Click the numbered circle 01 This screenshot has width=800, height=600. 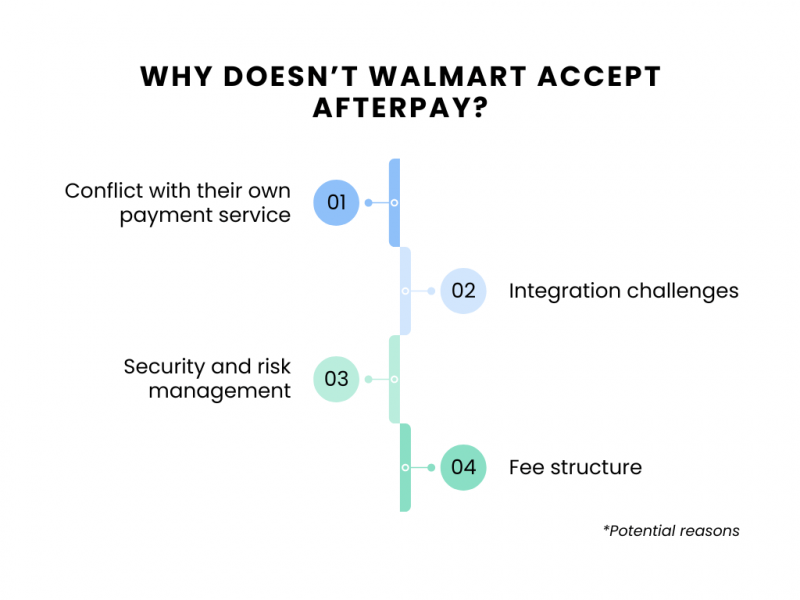click(336, 202)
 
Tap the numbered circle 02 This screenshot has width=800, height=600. click(463, 291)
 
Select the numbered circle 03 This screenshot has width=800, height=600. click(336, 379)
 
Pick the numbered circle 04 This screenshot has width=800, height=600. click(463, 467)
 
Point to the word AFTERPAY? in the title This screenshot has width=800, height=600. click(400, 108)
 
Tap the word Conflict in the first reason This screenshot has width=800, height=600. click(101, 190)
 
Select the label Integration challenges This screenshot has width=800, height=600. click(623, 291)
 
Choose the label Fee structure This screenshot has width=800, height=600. click(575, 467)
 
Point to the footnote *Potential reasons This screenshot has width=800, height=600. click(671, 530)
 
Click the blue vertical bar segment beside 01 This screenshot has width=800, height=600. click(394, 202)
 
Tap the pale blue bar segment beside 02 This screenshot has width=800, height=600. click(405, 291)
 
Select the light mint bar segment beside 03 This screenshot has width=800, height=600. click(394, 379)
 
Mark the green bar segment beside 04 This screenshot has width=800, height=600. click(405, 467)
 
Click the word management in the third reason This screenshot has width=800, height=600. click(219, 391)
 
